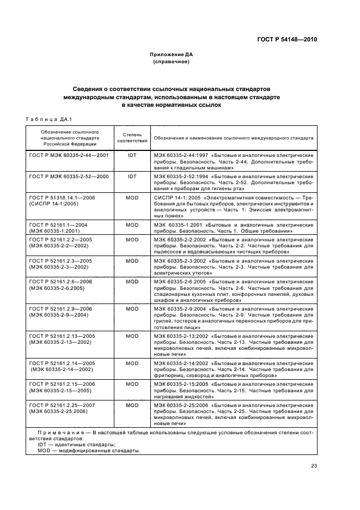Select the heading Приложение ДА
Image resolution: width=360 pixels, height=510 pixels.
click(x=172, y=55)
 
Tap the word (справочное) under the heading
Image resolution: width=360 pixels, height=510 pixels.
click(x=172, y=62)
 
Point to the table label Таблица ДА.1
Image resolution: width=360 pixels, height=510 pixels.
click(x=49, y=119)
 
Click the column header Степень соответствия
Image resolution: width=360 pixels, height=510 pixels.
click(x=132, y=136)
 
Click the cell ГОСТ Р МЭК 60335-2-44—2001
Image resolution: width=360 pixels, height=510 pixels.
click(x=69, y=155)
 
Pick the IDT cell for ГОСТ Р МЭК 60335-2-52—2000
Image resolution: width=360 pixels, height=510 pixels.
click(x=132, y=177)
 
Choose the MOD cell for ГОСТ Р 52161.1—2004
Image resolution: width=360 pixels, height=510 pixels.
click(x=132, y=224)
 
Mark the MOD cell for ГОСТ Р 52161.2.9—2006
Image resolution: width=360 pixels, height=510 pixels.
click(x=132, y=308)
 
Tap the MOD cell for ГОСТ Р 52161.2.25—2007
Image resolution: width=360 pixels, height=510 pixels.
click(x=132, y=405)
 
